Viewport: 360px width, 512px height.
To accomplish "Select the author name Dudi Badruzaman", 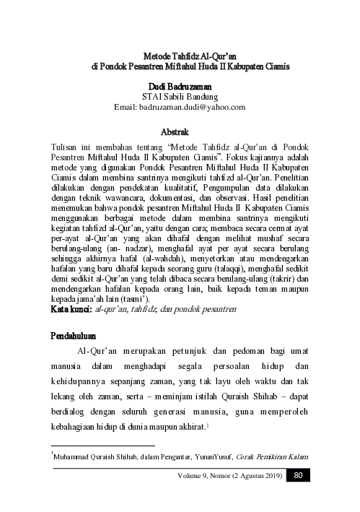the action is pos(180,87).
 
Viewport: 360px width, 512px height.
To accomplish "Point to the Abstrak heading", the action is pos(180,132).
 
